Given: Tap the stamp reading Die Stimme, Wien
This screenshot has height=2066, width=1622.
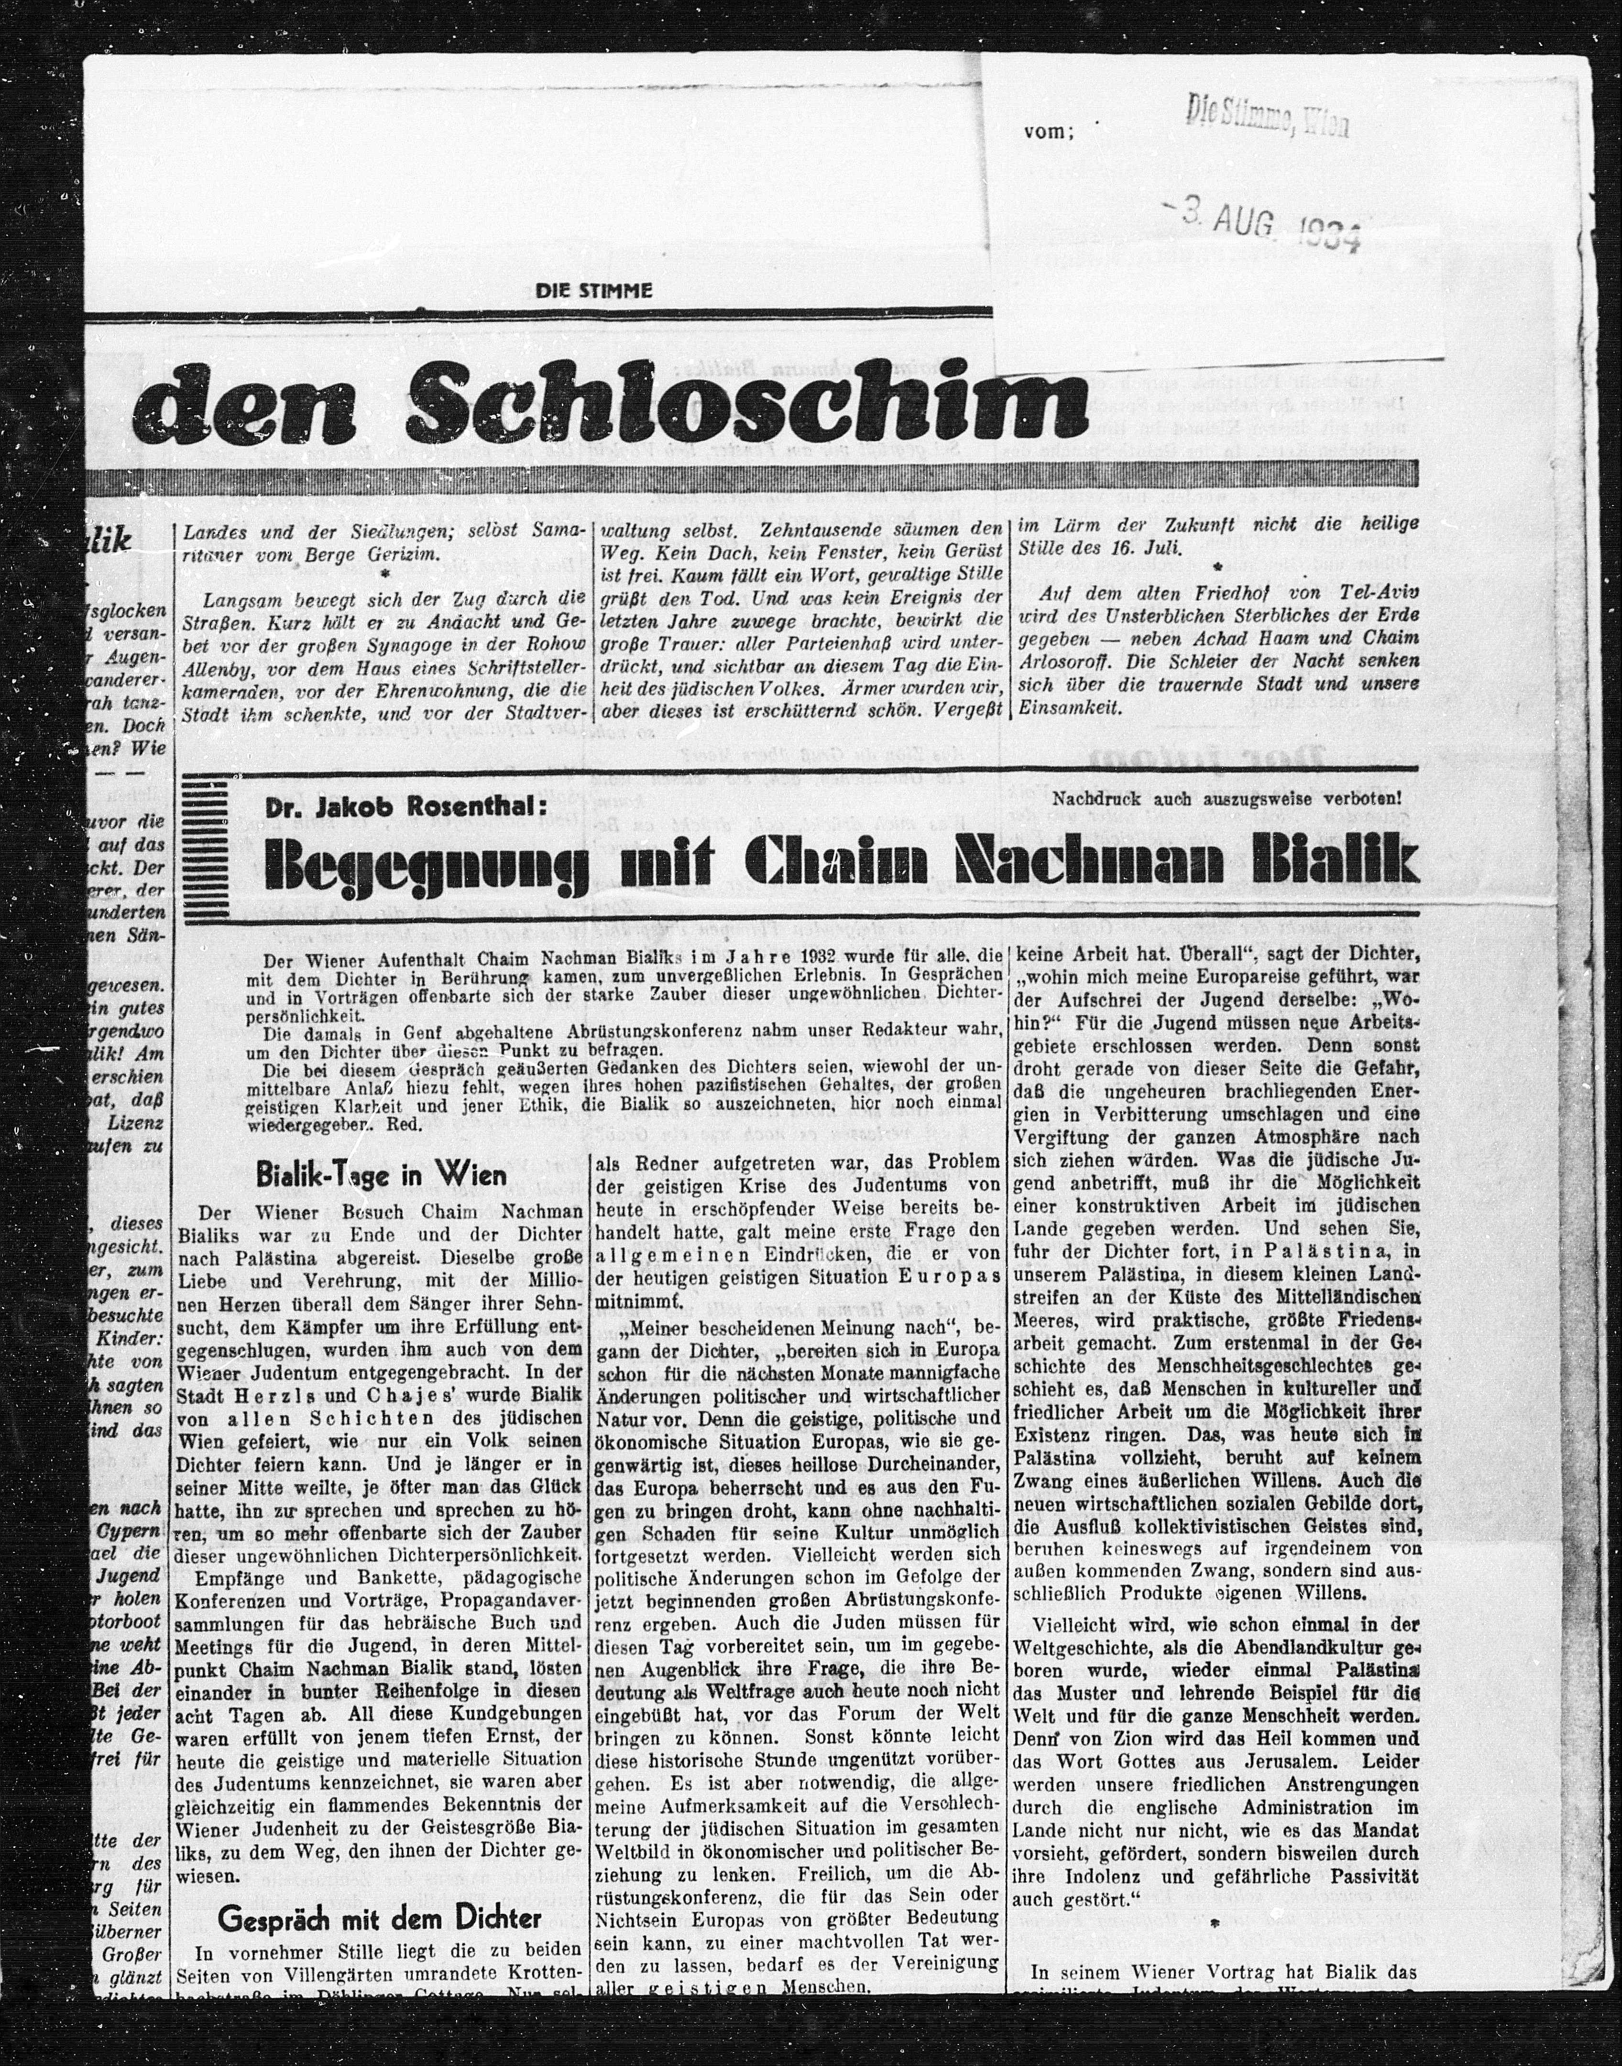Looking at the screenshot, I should (1267, 121).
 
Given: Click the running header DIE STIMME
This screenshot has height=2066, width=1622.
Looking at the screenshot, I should (594, 291).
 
